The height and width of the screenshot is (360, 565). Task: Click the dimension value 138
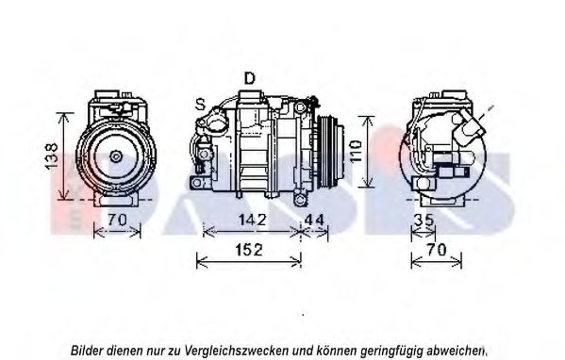pyautogui.click(x=52, y=155)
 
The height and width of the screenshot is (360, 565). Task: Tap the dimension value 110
pyautogui.click(x=356, y=151)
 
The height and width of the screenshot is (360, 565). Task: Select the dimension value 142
pyautogui.click(x=252, y=220)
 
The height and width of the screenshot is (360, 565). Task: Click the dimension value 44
pyautogui.click(x=314, y=220)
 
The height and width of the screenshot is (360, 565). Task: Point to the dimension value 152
pyautogui.click(x=249, y=250)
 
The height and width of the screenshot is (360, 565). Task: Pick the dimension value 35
pyautogui.click(x=424, y=220)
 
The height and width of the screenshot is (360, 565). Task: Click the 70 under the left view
pyautogui.click(x=118, y=220)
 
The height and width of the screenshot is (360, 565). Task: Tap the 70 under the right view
pyautogui.click(x=437, y=250)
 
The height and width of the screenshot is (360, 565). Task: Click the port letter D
pyautogui.click(x=249, y=78)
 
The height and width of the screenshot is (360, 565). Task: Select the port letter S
pyautogui.click(x=200, y=105)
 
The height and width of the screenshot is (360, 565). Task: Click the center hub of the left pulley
pyautogui.click(x=116, y=156)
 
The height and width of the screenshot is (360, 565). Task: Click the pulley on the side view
pyautogui.click(x=330, y=151)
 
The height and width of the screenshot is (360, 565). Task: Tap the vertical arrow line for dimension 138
pyautogui.click(x=64, y=155)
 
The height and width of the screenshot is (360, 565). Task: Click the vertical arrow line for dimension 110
pyautogui.click(x=368, y=152)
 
